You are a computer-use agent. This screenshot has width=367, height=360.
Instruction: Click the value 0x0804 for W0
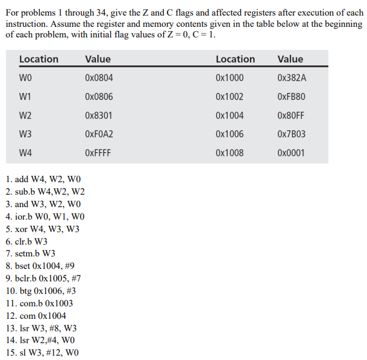point(98,78)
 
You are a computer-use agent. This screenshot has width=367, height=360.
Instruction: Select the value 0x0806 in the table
point(98,97)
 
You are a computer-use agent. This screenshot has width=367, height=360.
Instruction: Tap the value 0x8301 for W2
point(98,115)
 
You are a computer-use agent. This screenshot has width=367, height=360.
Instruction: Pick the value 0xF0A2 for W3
point(98,134)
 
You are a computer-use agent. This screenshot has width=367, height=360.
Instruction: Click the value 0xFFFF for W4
point(98,153)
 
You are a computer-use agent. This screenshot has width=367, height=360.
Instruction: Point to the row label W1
point(26,97)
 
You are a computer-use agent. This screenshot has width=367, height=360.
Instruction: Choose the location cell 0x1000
point(229,78)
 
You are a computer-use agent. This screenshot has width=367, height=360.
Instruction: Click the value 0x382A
point(292,78)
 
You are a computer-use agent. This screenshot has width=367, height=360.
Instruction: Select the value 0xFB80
point(292,97)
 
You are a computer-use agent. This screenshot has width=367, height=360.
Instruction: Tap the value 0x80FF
point(292,115)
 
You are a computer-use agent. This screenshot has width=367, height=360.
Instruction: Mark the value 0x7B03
point(292,134)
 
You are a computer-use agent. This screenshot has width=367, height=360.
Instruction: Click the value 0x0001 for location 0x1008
point(292,153)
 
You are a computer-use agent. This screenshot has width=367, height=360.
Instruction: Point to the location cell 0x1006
point(229,134)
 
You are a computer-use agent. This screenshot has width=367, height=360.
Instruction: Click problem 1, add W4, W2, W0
point(43,180)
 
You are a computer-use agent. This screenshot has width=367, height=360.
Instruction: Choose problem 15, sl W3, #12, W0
point(42,353)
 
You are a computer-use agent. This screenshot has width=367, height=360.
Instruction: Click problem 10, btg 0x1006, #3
point(41,291)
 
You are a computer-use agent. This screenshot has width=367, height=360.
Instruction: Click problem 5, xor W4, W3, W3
point(42,229)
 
